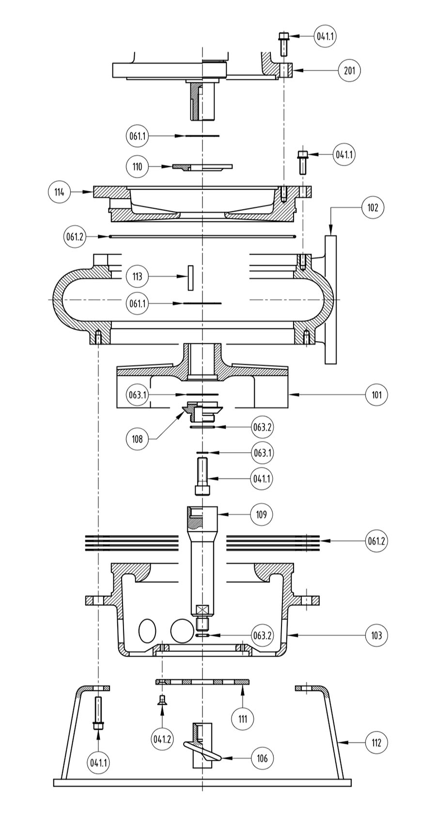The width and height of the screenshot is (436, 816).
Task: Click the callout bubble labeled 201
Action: tap(349, 70)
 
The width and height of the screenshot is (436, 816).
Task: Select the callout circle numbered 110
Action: tap(137, 167)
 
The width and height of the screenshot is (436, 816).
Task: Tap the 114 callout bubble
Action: tap(60, 192)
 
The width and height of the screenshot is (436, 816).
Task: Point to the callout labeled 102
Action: tap(373, 208)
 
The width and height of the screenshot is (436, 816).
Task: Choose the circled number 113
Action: tap(137, 277)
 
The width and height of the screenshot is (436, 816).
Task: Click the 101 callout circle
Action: tap(376, 395)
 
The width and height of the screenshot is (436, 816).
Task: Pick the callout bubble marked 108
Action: tap(137, 439)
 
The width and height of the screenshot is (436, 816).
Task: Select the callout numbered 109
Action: tap(262, 514)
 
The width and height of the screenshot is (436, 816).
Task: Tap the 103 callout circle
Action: tap(376, 635)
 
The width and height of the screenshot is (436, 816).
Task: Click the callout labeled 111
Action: tap(243, 719)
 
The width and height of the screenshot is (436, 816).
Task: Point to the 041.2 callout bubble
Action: tap(162, 739)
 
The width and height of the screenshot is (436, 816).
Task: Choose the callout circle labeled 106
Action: tap(262, 758)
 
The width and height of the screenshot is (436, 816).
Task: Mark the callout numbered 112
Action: tap(376, 742)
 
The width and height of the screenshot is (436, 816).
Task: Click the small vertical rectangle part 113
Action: tap(190, 278)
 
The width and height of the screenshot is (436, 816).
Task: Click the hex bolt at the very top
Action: tap(283, 43)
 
